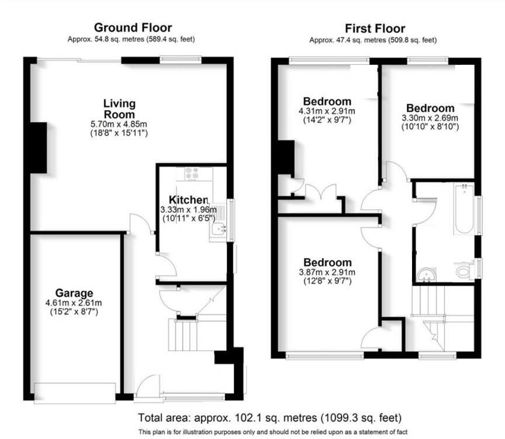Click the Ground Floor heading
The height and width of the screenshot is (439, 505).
[133, 27]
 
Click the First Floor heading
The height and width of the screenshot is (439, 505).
[375, 29]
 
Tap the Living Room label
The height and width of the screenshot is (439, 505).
[119, 109]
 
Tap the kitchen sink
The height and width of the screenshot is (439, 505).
[218, 230]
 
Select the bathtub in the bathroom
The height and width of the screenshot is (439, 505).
[463, 209]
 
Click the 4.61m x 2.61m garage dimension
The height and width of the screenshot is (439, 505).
[74, 303]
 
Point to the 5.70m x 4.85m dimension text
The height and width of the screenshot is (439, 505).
[119, 124]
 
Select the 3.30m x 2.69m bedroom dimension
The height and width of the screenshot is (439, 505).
[430, 117]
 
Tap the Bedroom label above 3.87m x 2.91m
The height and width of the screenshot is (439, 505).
[327, 262]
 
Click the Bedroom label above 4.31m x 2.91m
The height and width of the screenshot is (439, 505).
[327, 101]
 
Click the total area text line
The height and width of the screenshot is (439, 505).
[270, 418]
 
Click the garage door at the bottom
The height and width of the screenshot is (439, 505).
[75, 391]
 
